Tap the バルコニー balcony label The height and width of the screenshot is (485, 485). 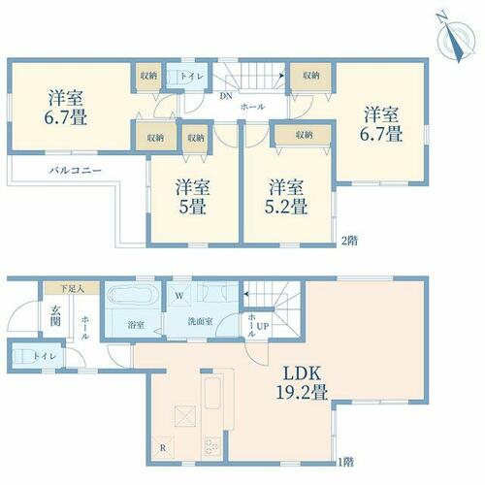(76, 170)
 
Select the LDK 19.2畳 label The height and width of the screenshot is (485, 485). (302, 383)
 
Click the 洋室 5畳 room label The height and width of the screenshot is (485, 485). (193, 197)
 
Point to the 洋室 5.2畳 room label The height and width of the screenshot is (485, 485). (286, 197)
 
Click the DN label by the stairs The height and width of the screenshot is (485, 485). (226, 96)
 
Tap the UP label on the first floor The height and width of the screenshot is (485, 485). (263, 326)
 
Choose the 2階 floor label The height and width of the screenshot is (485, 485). (349, 241)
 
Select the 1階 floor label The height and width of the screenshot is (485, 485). (346, 462)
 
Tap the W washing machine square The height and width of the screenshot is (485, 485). (179, 295)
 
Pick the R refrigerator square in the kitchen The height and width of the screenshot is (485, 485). (163, 448)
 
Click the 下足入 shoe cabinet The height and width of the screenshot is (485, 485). (72, 288)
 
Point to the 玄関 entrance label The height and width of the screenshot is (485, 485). (55, 316)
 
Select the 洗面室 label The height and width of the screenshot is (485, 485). (200, 322)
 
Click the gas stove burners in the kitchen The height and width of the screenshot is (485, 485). (212, 446)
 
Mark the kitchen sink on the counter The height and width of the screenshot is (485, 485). (213, 392)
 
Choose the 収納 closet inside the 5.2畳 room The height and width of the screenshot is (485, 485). (304, 135)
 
